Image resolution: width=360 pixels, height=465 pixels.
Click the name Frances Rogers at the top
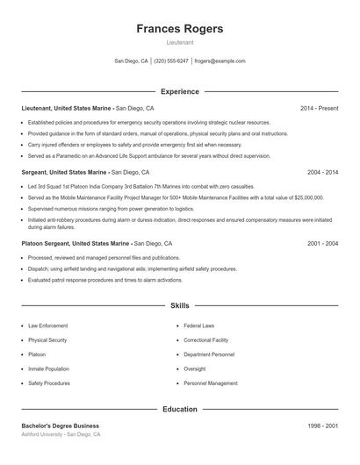[179, 28]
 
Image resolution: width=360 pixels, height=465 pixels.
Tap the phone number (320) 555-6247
[171, 61]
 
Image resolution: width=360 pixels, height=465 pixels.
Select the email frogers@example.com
[220, 61]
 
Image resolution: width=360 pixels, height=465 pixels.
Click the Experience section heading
[179, 91]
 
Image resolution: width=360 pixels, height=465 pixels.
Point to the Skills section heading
[179, 306]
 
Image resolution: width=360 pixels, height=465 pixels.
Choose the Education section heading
[179, 409]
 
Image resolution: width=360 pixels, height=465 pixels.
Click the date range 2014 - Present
[319, 108]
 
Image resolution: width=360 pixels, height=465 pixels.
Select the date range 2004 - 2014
[322, 173]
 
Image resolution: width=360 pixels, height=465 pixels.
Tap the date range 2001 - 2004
[322, 243]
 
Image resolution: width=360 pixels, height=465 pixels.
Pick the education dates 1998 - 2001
[322, 426]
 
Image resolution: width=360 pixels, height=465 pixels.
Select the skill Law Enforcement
[48, 325]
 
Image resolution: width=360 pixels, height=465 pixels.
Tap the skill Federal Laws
[199, 325]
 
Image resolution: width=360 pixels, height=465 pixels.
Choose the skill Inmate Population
[48, 369]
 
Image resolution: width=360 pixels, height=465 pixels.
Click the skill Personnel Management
[211, 383]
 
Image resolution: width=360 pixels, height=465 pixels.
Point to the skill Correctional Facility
[206, 340]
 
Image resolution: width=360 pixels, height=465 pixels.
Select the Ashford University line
[61, 434]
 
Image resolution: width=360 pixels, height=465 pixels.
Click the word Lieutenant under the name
[179, 42]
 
